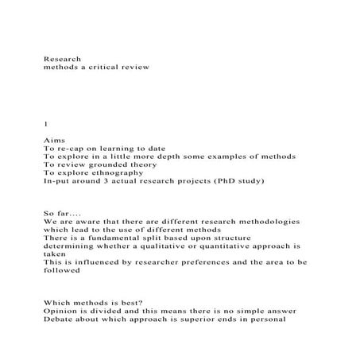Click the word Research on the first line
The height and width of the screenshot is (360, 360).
point(61,58)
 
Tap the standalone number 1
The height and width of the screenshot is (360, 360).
point(45,124)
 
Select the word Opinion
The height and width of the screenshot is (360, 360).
point(63,312)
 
